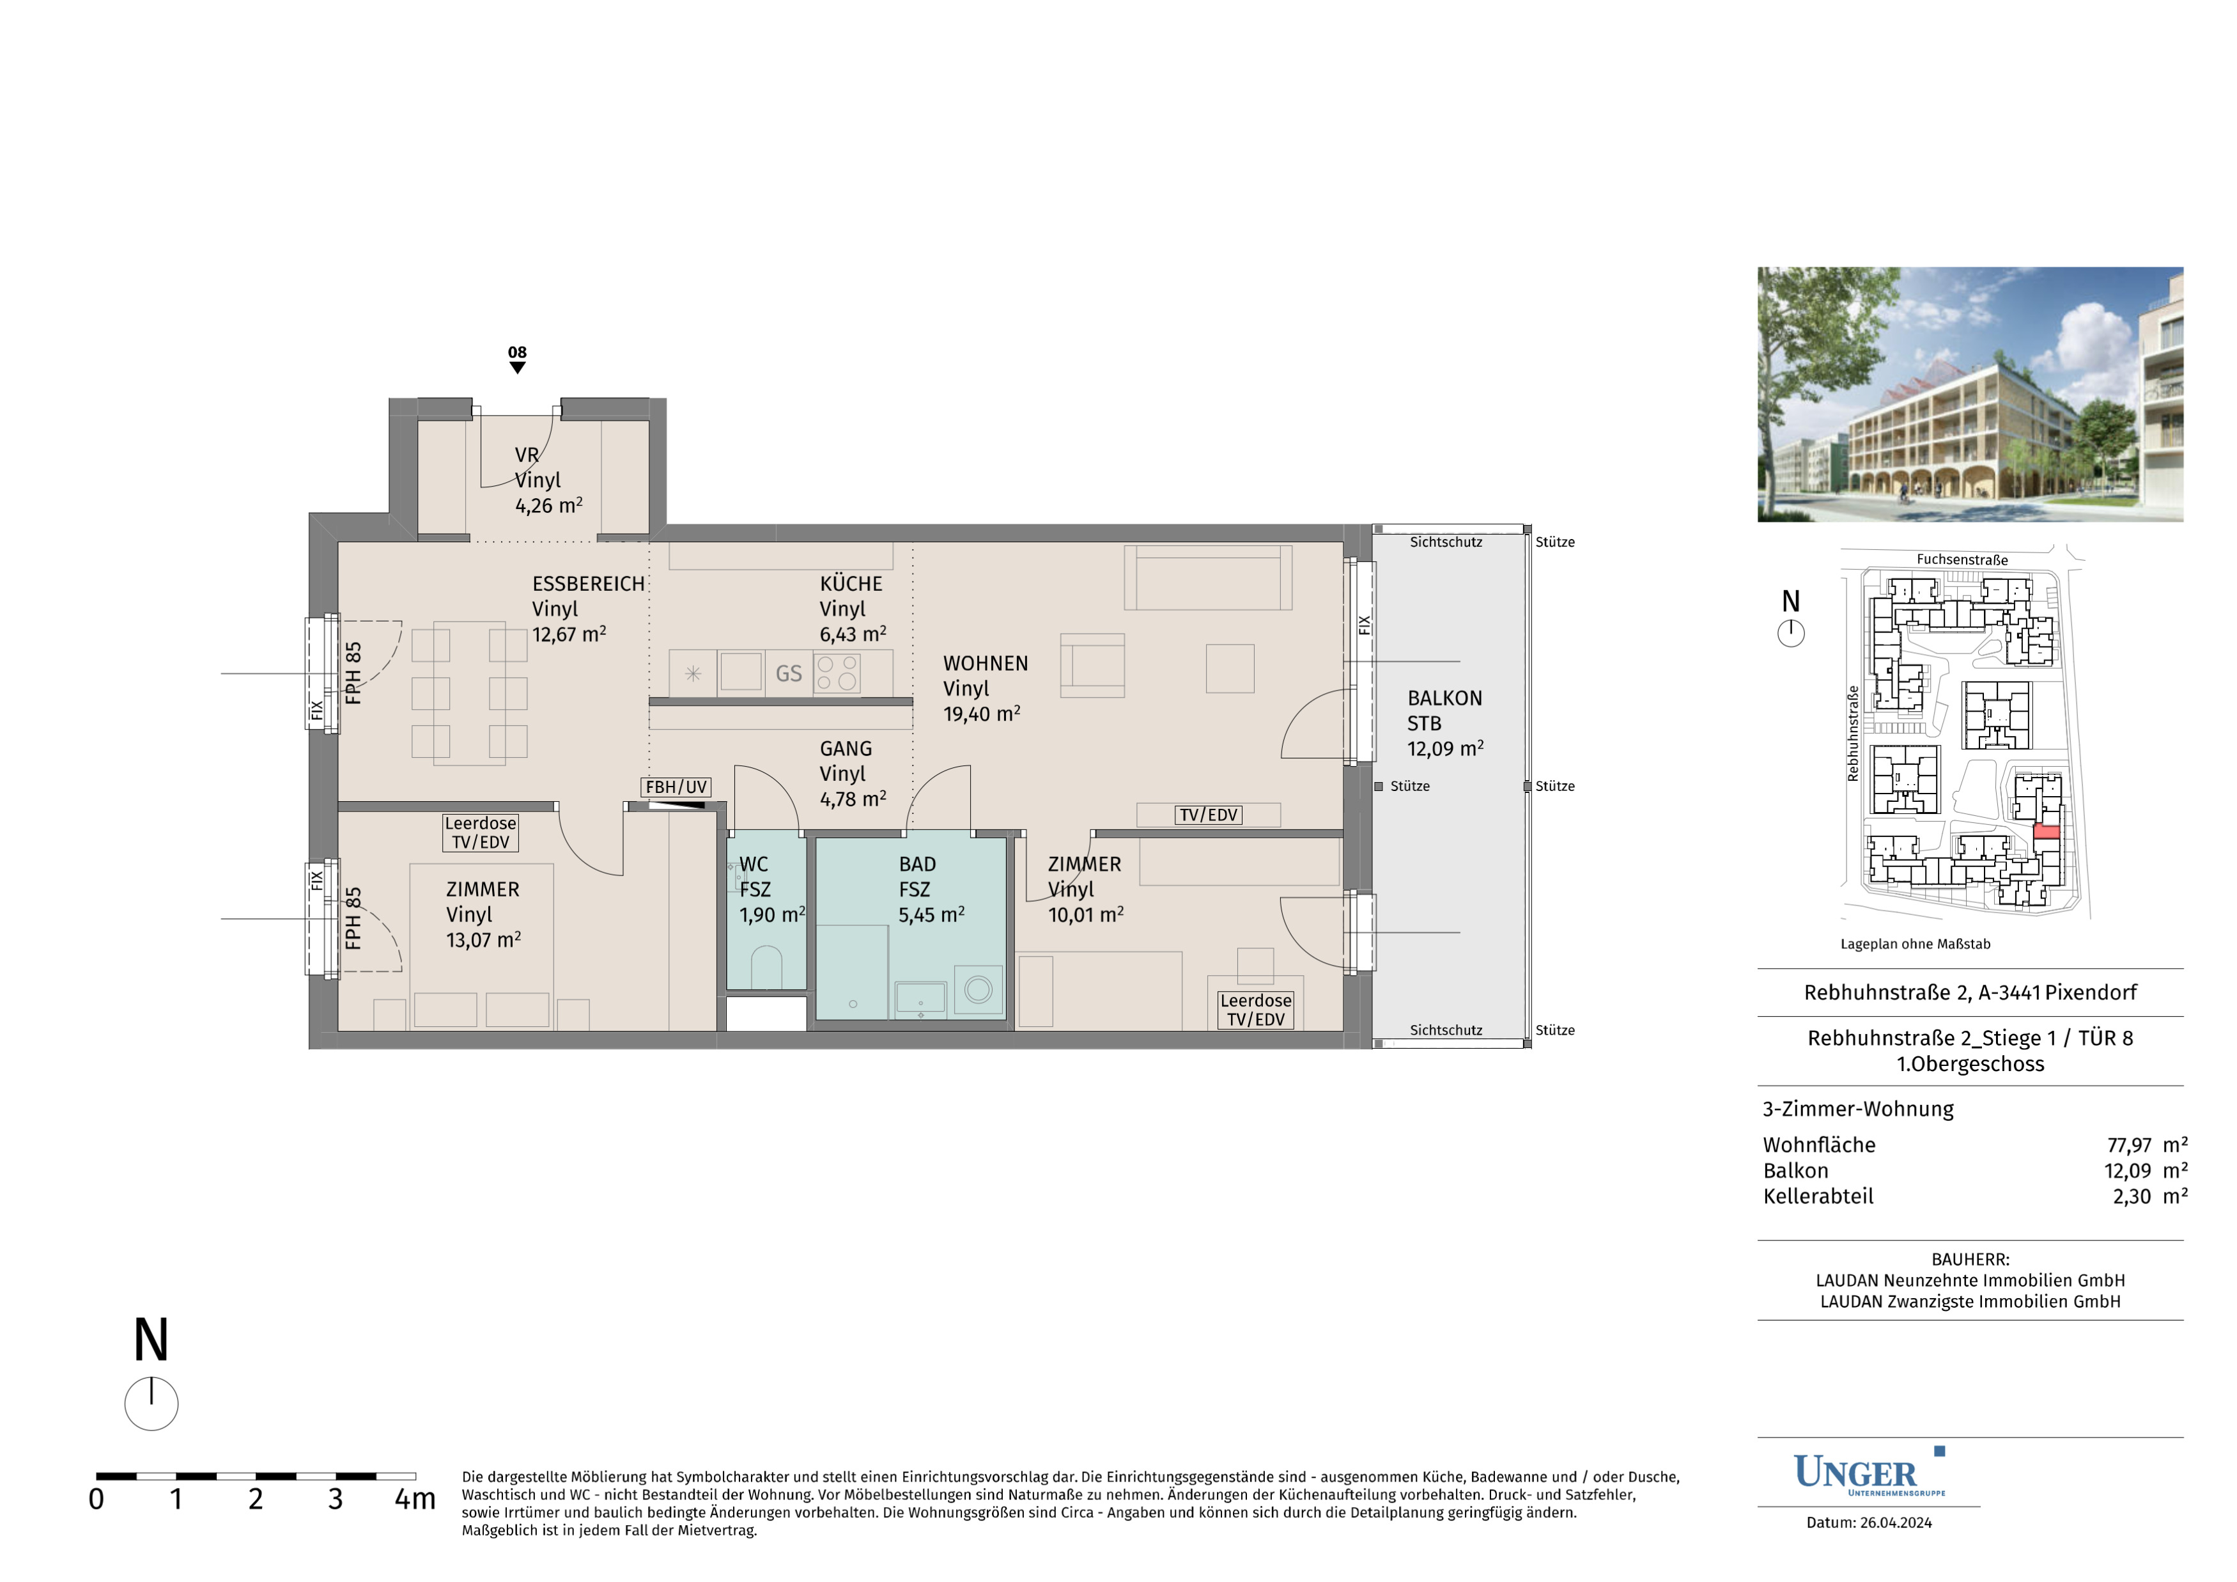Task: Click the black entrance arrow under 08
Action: (517, 368)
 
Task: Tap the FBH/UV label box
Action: (676, 787)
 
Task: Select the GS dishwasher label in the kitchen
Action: (788, 673)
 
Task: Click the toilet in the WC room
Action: (767, 967)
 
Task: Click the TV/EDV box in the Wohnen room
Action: (1208, 815)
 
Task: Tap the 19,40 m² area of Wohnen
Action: (982, 714)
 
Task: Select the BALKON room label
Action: (1445, 698)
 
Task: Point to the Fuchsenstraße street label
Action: (1962, 560)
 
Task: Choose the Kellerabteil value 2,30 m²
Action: (2150, 1196)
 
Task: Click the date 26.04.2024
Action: (1895, 1523)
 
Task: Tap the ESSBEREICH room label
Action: (589, 584)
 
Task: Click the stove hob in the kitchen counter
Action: (837, 673)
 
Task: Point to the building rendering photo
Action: (1970, 394)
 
